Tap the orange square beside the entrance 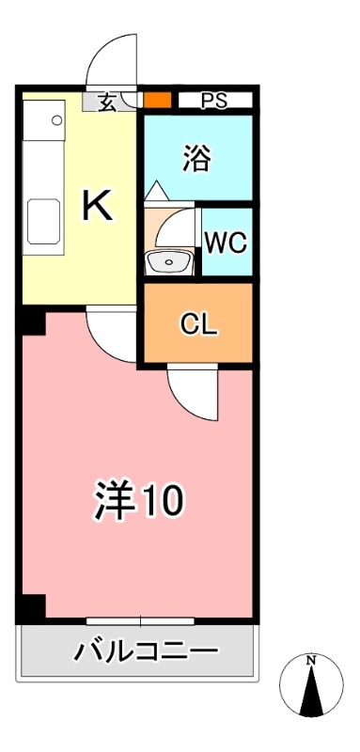[x=158, y=100]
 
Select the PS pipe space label [x=214, y=101]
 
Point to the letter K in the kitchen [x=97, y=205]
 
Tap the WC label [x=227, y=242]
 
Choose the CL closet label [x=198, y=324]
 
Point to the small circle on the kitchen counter [x=57, y=120]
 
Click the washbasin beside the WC [x=170, y=261]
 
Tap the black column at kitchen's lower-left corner [x=33, y=321]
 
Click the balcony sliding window [x=140, y=620]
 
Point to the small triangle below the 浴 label [x=157, y=190]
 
